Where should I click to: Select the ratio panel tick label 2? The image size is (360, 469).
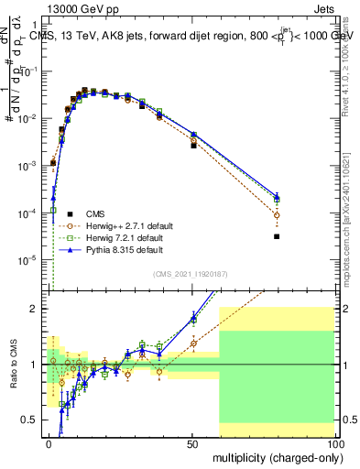click(37, 309)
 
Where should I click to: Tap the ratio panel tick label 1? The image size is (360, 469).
click(37, 365)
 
